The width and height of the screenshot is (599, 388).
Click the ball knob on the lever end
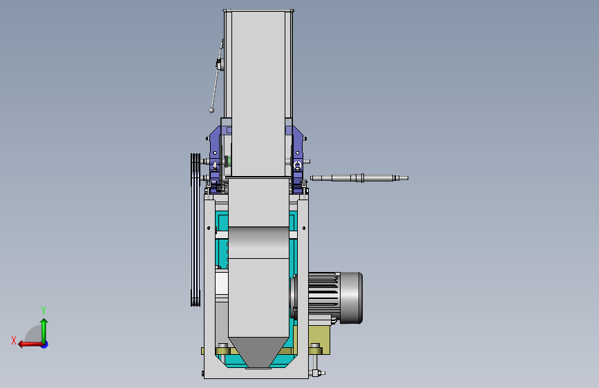(211, 110)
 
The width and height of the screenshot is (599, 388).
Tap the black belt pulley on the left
(196, 229)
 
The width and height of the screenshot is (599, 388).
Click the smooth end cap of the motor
(351, 298)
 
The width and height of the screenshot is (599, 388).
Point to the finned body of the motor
(323, 293)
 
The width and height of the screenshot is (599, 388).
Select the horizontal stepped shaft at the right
(359, 178)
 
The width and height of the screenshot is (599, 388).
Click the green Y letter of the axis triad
(44, 311)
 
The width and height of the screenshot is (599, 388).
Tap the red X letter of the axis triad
(14, 340)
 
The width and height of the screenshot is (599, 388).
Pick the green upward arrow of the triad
(44, 331)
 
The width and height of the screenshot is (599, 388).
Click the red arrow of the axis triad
(30, 345)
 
